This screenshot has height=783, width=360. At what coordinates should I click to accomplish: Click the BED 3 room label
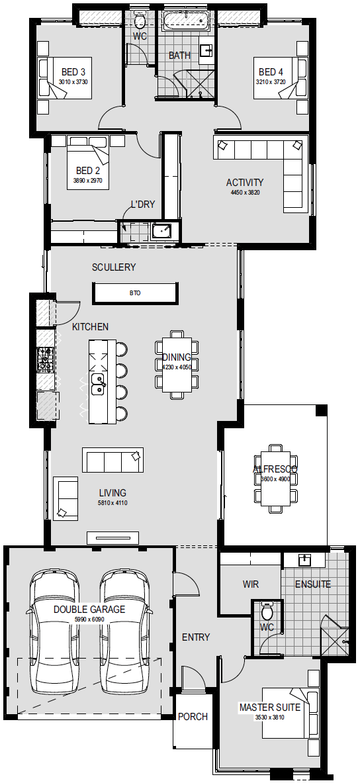click(73, 72)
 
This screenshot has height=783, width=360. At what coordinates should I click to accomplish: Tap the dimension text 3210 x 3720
click(271, 82)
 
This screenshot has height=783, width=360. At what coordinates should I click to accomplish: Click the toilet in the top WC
click(140, 21)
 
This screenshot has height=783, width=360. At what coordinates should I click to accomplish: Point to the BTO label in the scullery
click(135, 293)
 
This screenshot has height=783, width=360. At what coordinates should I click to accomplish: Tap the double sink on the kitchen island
click(98, 383)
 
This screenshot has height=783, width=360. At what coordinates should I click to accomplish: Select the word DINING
click(176, 357)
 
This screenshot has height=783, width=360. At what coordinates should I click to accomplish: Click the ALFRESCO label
click(275, 469)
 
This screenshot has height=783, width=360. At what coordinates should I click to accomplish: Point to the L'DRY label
click(143, 204)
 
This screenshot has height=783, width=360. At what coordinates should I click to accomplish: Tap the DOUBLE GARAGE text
click(89, 609)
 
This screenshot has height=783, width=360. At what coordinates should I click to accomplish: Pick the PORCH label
click(193, 717)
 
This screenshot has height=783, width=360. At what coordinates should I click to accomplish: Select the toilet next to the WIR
click(267, 610)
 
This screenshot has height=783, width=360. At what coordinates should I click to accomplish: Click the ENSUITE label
click(312, 584)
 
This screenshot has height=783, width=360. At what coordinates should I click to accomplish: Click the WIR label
click(251, 584)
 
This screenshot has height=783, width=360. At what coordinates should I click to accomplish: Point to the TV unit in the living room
click(113, 538)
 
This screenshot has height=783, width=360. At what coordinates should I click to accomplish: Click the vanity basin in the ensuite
click(304, 560)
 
